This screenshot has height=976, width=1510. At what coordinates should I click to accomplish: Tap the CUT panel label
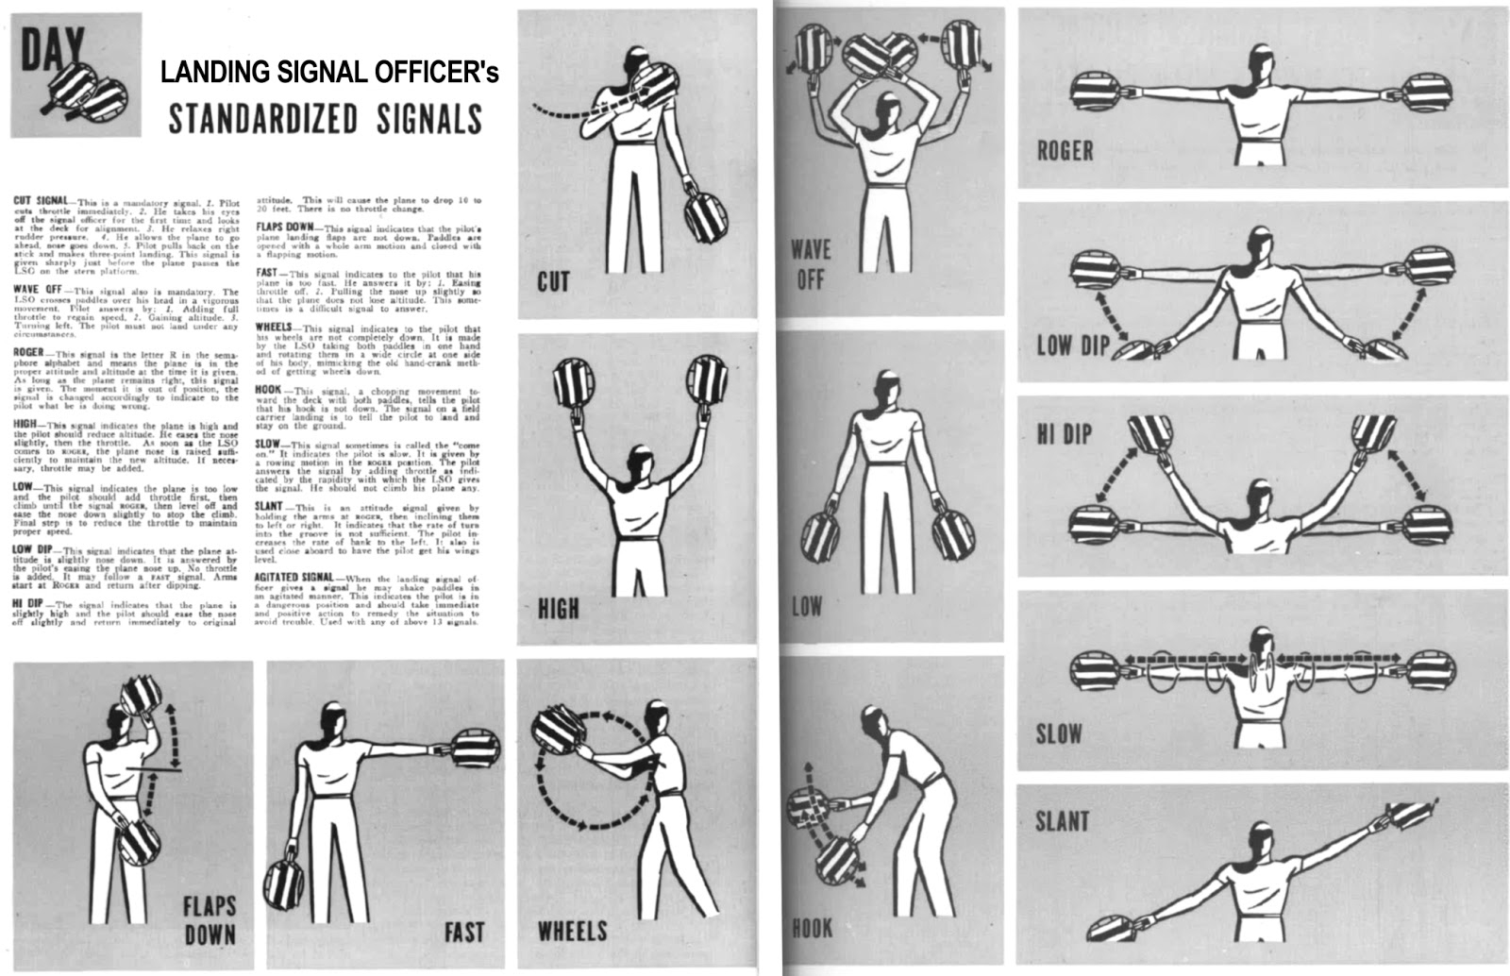[553, 281]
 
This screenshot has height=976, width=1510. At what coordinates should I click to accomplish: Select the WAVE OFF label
[811, 264]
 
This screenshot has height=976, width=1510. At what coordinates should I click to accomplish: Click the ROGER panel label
[1065, 150]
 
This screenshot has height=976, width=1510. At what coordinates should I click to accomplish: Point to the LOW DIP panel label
[1073, 345]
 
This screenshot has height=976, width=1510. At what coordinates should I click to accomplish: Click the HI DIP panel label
[1064, 434]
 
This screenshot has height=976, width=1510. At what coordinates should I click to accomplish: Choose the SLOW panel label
[1059, 734]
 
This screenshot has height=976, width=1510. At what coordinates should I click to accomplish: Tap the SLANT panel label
[1063, 821]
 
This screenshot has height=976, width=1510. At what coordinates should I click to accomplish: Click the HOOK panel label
[812, 929]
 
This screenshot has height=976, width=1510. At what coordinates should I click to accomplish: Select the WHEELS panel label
[572, 932]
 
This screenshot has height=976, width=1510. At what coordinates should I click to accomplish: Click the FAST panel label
[463, 933]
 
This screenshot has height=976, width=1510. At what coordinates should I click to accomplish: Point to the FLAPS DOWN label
[210, 920]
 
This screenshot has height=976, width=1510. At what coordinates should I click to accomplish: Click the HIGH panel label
[558, 609]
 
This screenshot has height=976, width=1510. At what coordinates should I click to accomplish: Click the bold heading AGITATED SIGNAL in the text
[293, 577]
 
